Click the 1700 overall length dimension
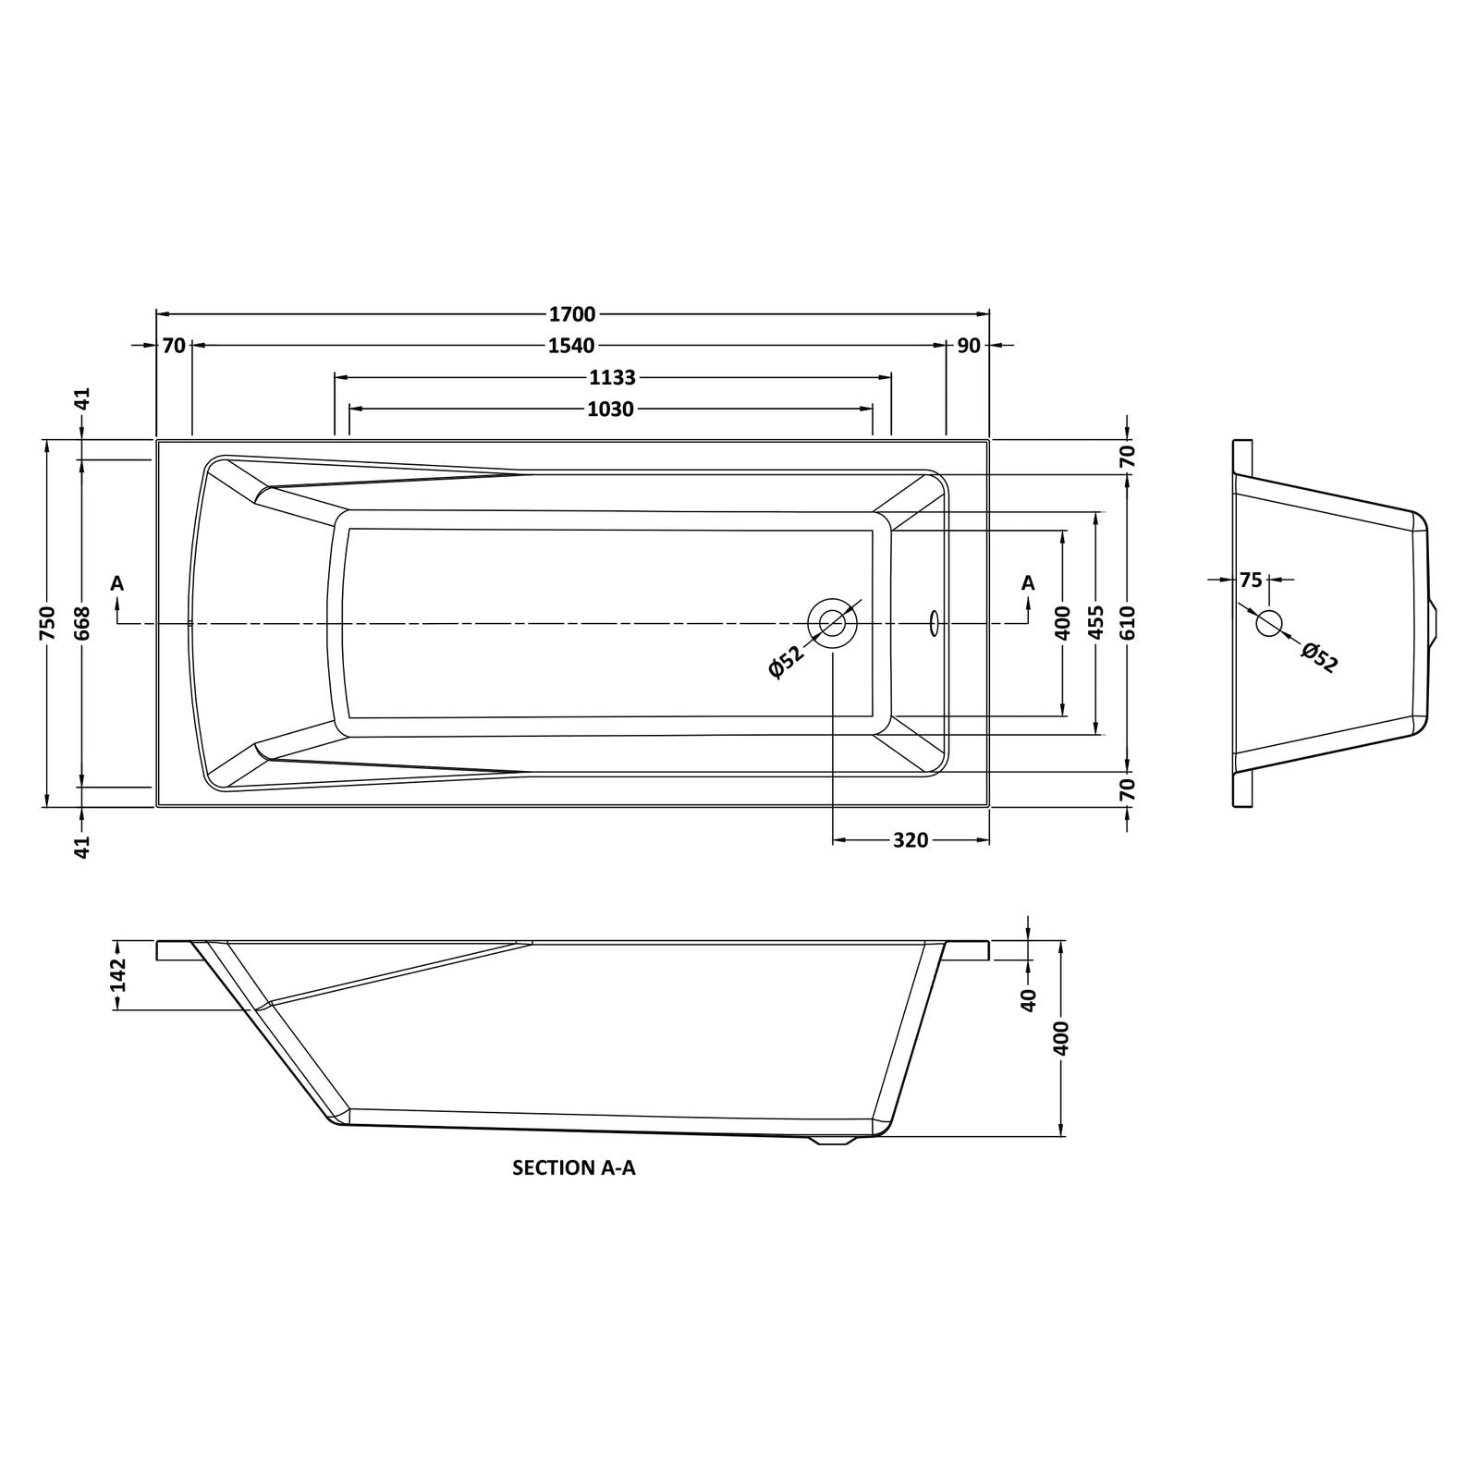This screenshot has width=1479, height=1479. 572,314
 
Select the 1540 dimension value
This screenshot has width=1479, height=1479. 571,346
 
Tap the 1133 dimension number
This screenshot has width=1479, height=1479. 612,377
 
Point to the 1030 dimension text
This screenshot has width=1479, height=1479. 611,409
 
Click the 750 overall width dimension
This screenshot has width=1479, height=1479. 48,623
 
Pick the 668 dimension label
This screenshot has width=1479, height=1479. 81,623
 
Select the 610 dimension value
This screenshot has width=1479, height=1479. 1128,623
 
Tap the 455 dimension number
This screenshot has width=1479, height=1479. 1096,623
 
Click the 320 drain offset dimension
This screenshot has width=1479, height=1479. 911,840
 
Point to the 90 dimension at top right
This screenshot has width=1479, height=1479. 969,346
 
